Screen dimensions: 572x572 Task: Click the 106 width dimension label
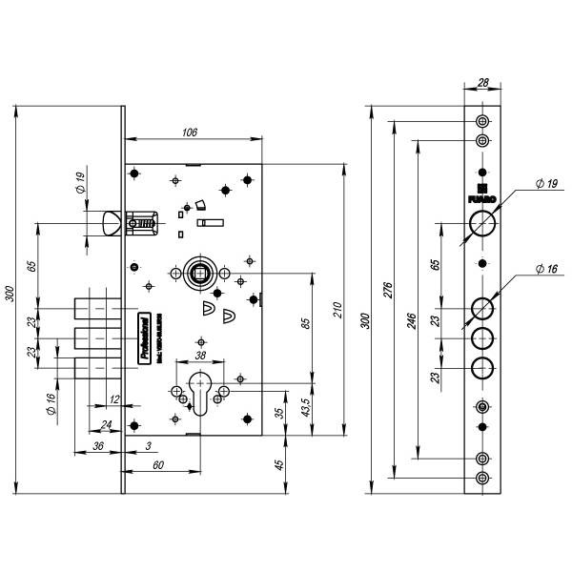[189, 132]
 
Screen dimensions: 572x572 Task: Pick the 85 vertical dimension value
[305, 322]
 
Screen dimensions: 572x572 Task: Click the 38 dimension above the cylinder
[200, 356]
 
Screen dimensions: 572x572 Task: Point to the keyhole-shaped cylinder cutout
[201, 396]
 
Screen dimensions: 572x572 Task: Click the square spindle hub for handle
[201, 272]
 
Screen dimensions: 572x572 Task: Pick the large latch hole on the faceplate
[482, 226]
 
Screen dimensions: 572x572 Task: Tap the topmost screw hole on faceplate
[482, 122]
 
